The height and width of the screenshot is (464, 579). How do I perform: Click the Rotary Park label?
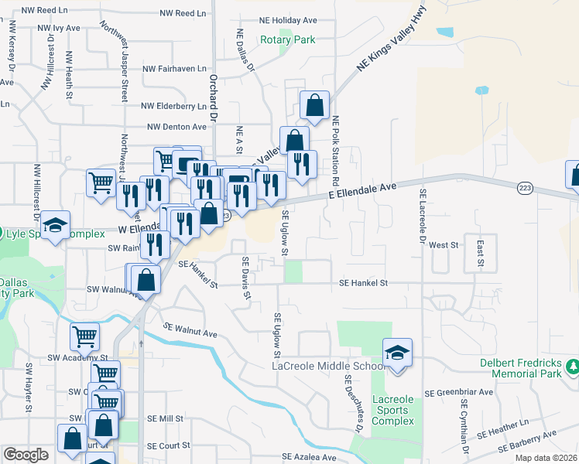coord(287,39)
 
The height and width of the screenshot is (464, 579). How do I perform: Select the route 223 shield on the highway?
coord(526,187)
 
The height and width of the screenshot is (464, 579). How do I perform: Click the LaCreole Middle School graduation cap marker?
coord(397,352)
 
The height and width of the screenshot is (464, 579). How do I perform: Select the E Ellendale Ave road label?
coord(361,190)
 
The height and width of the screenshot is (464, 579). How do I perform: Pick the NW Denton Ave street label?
coord(176,126)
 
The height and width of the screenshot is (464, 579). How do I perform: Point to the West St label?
coord(444,244)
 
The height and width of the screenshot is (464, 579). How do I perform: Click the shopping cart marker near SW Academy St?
coord(84,336)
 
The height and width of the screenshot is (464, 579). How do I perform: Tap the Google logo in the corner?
coord(26,455)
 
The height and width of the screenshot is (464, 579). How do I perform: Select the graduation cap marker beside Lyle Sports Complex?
coord(55,225)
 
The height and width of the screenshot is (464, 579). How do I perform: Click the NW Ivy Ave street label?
coord(58,28)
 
